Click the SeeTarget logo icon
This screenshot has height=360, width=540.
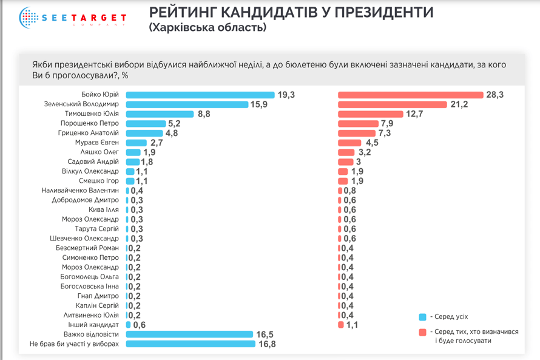pyautogui.click(x=29, y=18)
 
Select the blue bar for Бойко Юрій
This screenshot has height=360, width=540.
pyautogui.click(x=200, y=95)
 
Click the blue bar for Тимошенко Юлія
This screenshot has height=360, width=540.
pyautogui.click(x=160, y=114)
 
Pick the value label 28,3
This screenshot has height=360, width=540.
pyautogui.click(x=494, y=95)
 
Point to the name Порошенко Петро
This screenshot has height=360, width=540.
pyautogui.click(x=90, y=123)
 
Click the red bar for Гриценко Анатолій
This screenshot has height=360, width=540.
pyautogui.click(x=357, y=133)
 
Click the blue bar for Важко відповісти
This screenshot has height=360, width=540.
pyautogui.click(x=189, y=335)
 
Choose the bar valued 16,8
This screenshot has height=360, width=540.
pyautogui.click(x=191, y=344)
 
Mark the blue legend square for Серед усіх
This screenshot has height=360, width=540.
pyautogui.click(x=422, y=317)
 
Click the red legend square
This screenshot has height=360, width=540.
pyautogui.click(x=422, y=332)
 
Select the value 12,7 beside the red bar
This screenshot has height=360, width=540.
pyautogui.click(x=414, y=114)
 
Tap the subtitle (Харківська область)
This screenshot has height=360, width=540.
pyautogui.click(x=208, y=28)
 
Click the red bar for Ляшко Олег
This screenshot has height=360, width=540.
pyautogui.click(x=346, y=152)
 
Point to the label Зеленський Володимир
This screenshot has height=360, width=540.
pyautogui.click(x=81, y=104)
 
